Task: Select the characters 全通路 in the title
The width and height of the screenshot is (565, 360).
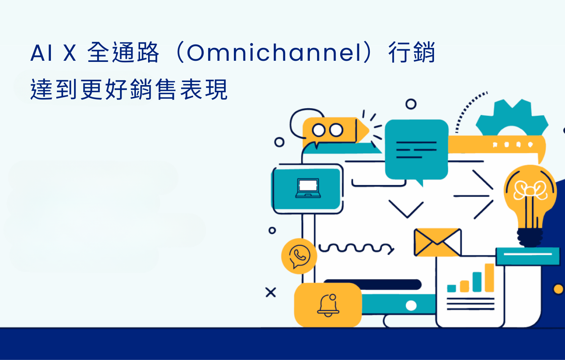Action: pos(123,52)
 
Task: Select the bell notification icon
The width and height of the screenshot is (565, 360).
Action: pos(328,305)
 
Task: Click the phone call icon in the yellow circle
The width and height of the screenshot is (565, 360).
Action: pos(300,256)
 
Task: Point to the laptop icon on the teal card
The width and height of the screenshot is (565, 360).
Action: pos(308,188)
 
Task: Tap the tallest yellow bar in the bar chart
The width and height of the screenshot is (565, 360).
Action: pos(489,278)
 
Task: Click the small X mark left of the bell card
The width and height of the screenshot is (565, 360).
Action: pos(271,292)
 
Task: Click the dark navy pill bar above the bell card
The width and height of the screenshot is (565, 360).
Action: pos(372,284)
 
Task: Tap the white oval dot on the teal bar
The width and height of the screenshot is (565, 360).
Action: pos(411,306)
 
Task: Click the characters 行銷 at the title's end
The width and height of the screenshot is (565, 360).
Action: pos(412,52)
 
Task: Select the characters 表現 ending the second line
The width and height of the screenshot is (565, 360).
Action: pos(204,89)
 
